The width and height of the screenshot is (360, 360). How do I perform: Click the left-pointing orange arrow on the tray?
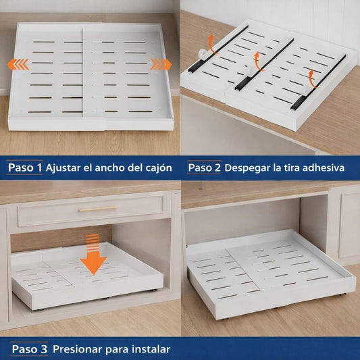(18, 65)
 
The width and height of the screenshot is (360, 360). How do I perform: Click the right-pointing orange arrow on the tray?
(161, 64)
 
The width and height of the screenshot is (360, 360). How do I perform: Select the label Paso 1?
(25, 168)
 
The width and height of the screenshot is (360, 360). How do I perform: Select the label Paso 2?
(204, 168)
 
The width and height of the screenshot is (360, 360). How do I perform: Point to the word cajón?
(157, 168)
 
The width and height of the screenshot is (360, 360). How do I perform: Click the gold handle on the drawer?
(97, 209)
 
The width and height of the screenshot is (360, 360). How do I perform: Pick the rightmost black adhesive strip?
(319, 82)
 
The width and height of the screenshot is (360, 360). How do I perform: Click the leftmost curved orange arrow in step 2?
(212, 45)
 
